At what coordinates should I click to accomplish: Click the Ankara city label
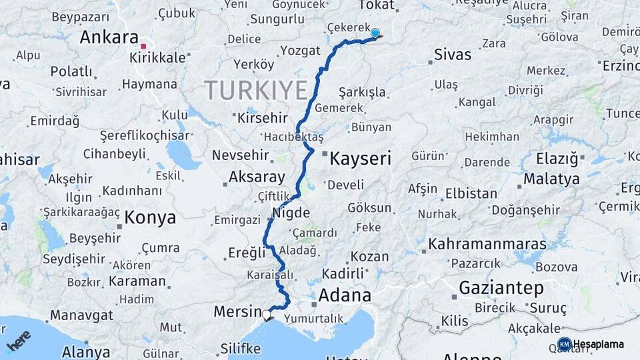coord(109,37)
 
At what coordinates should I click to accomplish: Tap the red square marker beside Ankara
coord(143,46)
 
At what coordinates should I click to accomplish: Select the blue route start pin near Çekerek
coord(375,33)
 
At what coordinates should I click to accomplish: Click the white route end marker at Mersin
coord(267,314)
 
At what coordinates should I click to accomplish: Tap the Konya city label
coord(150,217)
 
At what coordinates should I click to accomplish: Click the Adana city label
coord(345,295)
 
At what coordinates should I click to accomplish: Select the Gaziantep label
coord(501,288)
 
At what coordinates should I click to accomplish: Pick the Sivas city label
coord(452,55)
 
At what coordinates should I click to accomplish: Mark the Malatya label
coord(551,179)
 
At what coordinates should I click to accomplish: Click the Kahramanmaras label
coord(487,244)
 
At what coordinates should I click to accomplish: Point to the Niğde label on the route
coord(291,213)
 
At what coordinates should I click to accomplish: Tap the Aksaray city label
coord(257,177)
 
